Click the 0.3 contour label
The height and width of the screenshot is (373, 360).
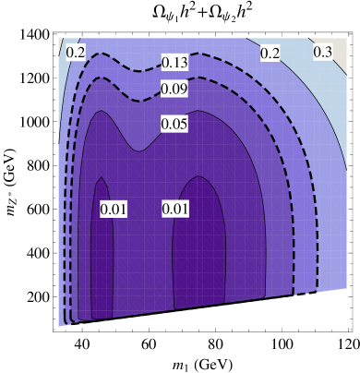(323, 53)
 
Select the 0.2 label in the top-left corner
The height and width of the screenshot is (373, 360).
(76, 53)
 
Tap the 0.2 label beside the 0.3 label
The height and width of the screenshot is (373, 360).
(270, 54)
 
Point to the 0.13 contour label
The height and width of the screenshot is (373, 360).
(174, 63)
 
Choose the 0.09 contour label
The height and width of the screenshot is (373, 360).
(174, 89)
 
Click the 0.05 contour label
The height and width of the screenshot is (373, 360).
(174, 124)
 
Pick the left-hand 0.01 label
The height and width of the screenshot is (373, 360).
(113, 210)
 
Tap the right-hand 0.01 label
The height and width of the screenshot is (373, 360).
(175, 210)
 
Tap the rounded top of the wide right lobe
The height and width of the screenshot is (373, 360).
(198, 176)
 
